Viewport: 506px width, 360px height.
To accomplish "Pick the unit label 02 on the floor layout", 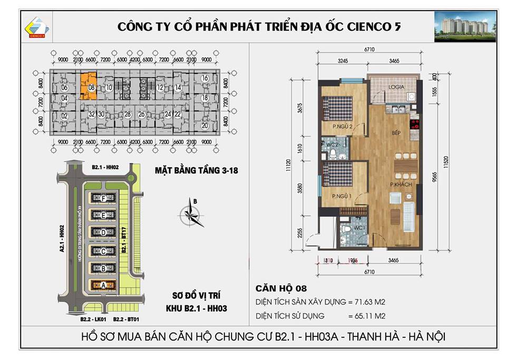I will pyautogui.click(x=64, y=116).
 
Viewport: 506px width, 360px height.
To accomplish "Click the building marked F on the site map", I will pyautogui.click(x=104, y=199).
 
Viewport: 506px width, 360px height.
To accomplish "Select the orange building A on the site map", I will pyautogui.click(x=104, y=285).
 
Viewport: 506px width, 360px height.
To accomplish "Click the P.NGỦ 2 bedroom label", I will pyautogui.click(x=343, y=127).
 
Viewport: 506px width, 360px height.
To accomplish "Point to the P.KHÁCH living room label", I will pyautogui.click(x=401, y=184).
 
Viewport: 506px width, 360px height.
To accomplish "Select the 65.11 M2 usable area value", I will pyautogui.click(x=367, y=316).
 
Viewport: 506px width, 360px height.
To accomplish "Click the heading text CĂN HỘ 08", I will pyautogui.click(x=280, y=288).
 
